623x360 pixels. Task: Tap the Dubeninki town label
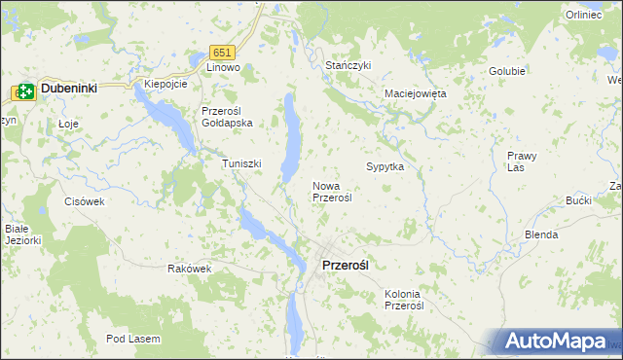68,90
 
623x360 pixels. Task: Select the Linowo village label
223,68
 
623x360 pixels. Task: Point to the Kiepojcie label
165,84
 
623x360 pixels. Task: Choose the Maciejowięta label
415,94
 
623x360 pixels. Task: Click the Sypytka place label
385,167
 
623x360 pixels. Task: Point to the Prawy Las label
522,162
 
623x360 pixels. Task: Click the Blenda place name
541,235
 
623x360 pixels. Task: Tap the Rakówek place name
189,269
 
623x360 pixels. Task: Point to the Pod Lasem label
134,339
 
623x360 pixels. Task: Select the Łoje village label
41,124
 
